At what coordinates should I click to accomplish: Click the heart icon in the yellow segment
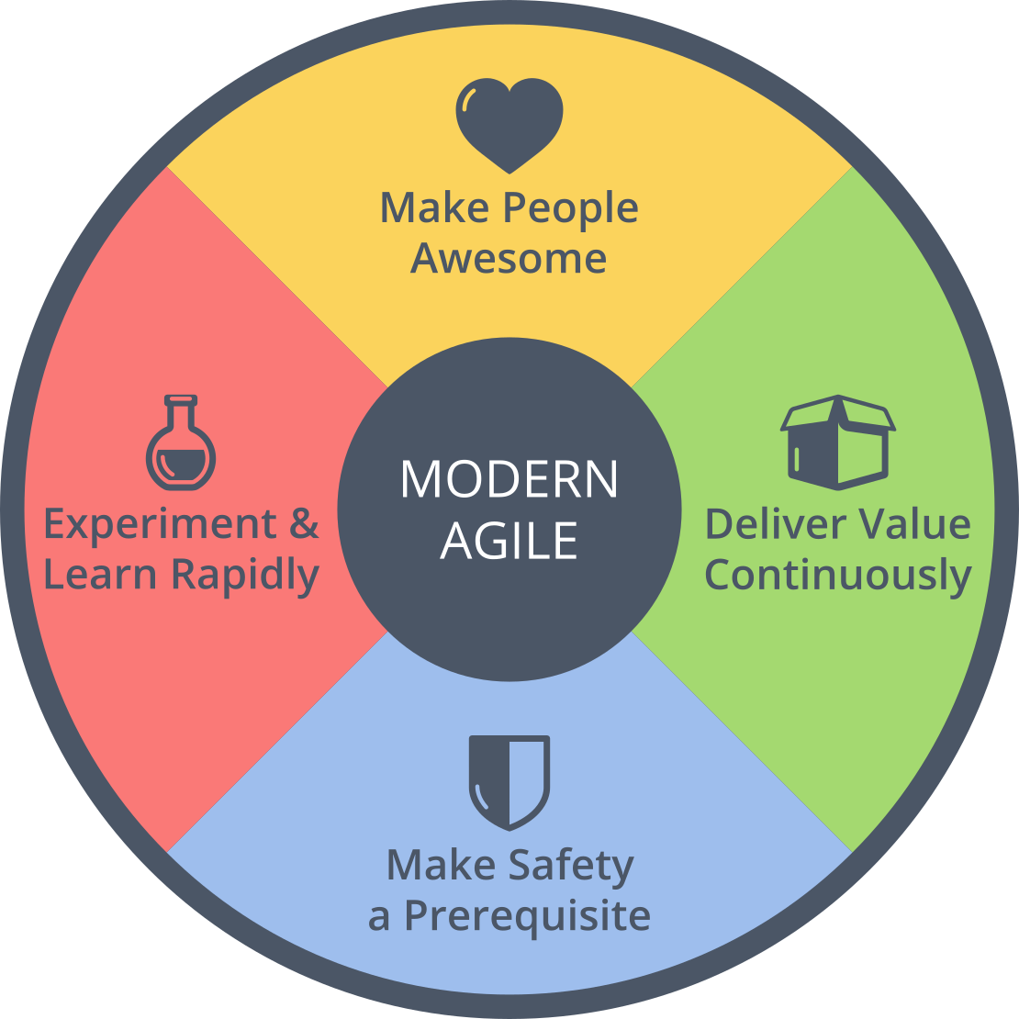(509, 125)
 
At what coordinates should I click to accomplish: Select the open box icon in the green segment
(836, 442)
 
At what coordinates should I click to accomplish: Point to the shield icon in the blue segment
(509, 781)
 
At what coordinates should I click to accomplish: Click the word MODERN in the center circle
(509, 479)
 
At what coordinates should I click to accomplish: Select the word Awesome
(509, 258)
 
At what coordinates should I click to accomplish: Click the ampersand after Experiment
(304, 524)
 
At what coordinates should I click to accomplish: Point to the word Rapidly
(245, 577)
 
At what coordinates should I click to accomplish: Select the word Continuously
(837, 577)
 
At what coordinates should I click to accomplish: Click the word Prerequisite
(527, 916)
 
